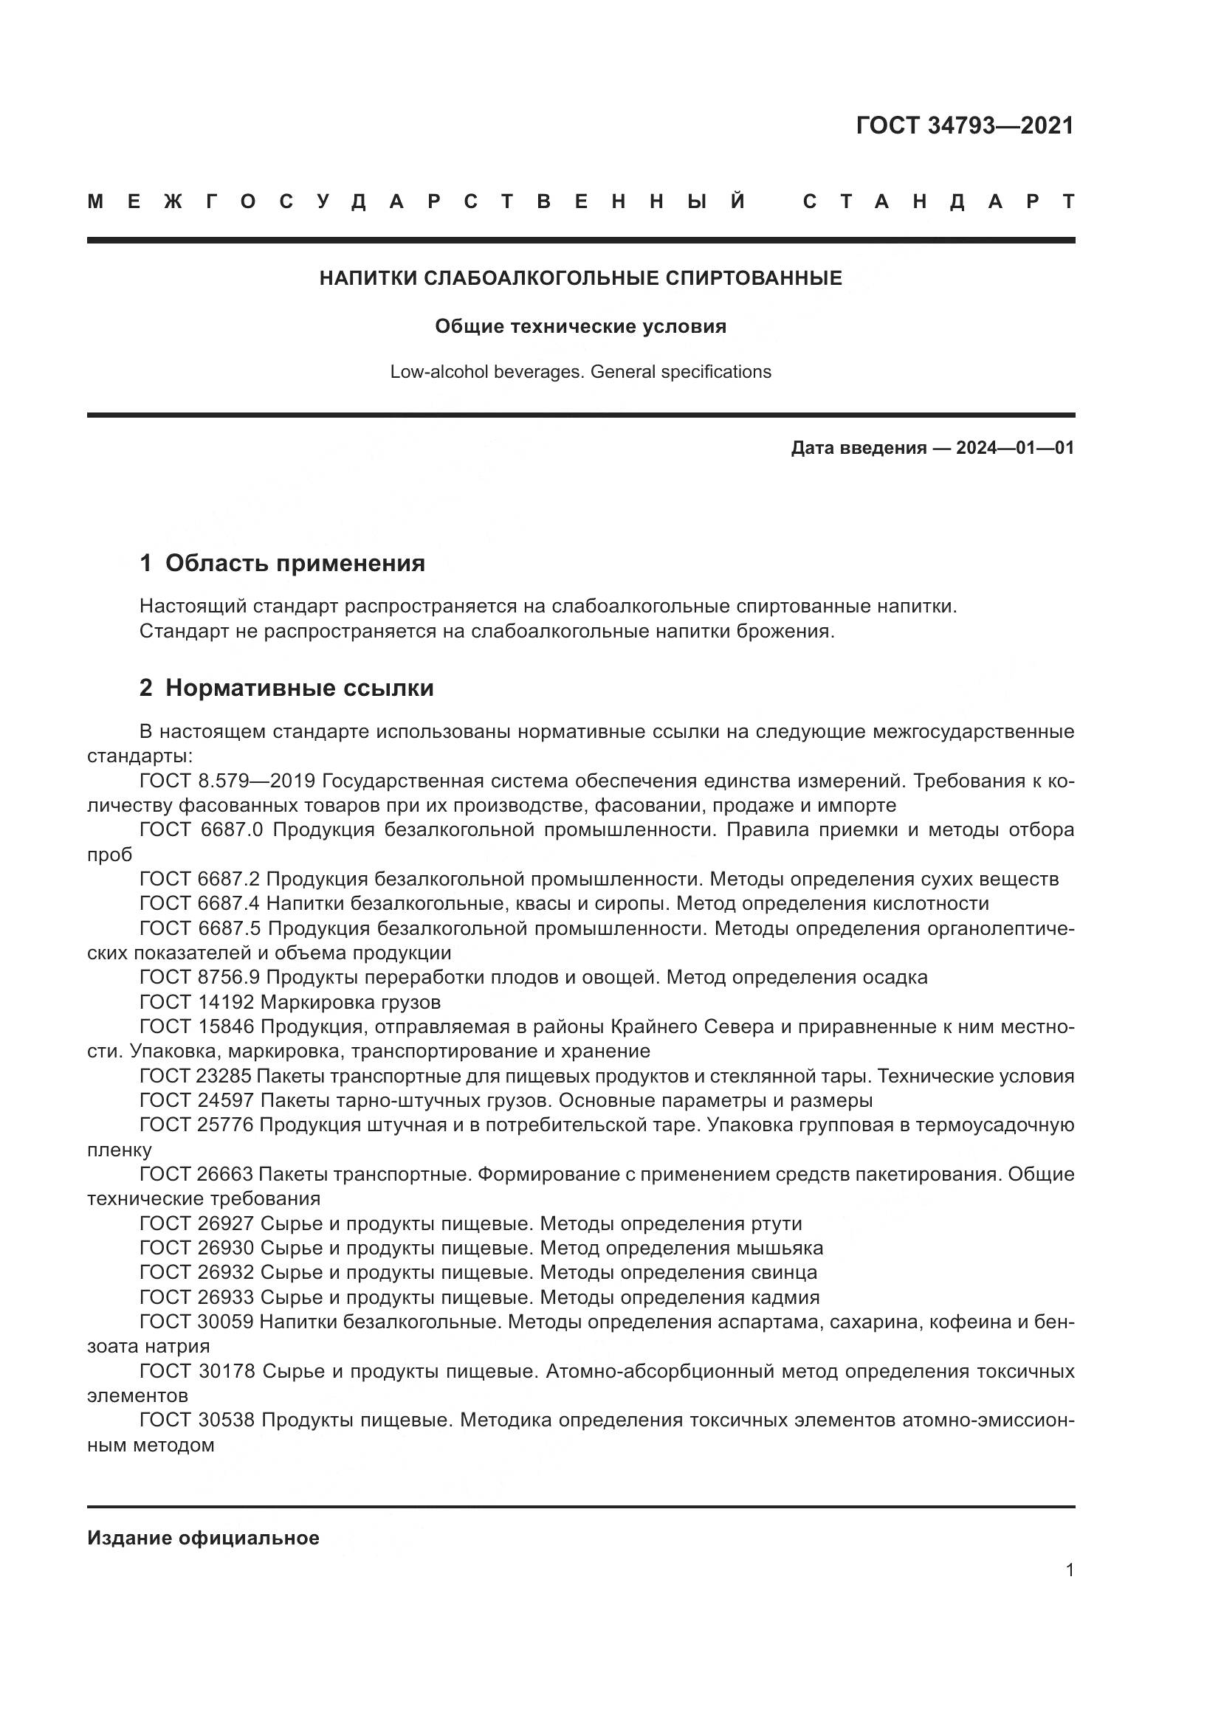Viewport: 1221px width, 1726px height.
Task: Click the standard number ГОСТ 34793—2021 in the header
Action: (965, 125)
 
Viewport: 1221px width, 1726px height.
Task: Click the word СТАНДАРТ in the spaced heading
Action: (938, 201)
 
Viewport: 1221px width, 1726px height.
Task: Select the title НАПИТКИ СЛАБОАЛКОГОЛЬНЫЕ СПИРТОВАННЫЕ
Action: (580, 278)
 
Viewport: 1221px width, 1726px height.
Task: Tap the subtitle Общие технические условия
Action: (580, 326)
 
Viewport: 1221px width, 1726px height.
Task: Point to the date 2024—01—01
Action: (1014, 448)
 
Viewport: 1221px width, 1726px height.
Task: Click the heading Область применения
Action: (295, 563)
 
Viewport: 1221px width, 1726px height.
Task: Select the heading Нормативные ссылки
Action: (299, 688)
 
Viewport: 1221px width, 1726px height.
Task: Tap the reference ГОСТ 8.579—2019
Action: (227, 780)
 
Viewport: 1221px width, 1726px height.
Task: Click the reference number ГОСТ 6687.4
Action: (200, 904)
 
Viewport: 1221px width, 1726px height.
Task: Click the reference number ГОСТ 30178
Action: (198, 1371)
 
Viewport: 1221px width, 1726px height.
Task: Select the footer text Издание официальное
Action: (203, 1538)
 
